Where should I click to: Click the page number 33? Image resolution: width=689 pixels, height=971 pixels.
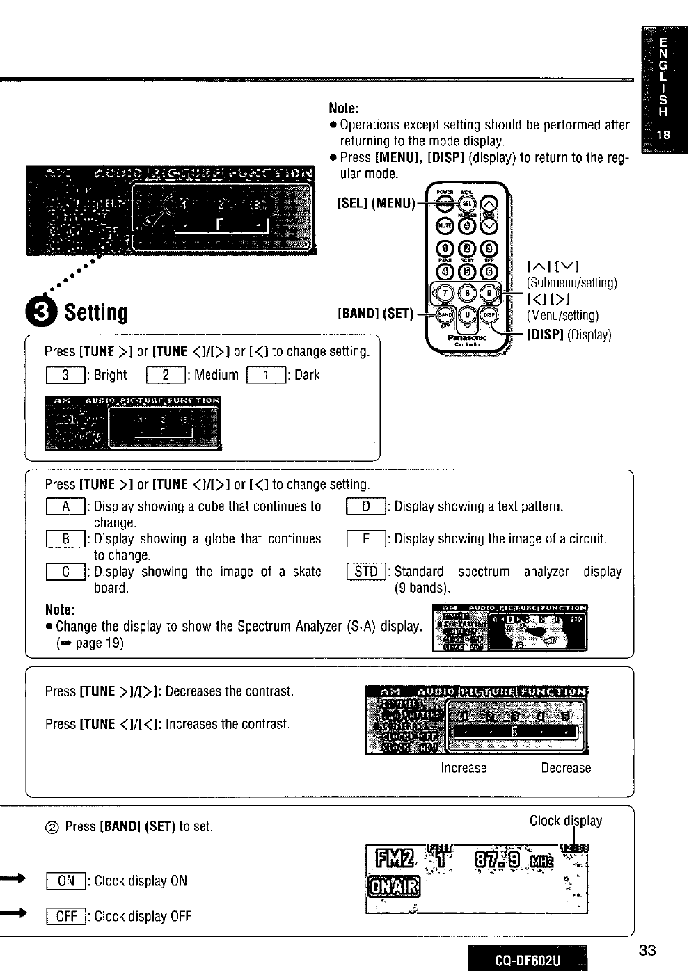pos(647,951)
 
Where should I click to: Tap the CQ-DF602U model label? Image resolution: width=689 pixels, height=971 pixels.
pos(527,961)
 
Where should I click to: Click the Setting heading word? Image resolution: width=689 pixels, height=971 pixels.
pos(96,313)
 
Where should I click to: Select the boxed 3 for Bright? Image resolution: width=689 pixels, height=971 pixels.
pos(64,376)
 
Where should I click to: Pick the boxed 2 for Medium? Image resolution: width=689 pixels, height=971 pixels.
pos(165,376)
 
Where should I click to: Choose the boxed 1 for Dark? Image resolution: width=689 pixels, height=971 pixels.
pos(266,376)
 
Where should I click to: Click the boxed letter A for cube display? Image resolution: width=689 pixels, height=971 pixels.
pos(65,506)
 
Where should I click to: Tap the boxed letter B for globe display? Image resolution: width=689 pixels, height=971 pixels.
pos(65,539)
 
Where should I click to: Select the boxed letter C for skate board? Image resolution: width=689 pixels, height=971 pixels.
pos(65,572)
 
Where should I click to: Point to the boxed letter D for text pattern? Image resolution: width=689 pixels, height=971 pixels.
pos(365,506)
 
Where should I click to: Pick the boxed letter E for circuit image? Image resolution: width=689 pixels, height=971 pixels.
pos(365,539)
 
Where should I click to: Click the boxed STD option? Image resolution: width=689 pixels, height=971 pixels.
pos(365,572)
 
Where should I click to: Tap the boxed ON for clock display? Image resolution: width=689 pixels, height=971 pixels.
pos(65,881)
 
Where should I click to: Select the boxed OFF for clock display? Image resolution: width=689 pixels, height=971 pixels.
pos(65,916)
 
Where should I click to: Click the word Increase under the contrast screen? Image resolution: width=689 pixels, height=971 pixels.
pos(464,768)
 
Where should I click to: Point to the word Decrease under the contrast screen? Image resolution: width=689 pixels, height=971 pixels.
pos(566,768)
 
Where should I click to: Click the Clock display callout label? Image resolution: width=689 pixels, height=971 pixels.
pos(566,821)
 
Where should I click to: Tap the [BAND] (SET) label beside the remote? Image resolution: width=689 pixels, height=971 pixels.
pos(375,314)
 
